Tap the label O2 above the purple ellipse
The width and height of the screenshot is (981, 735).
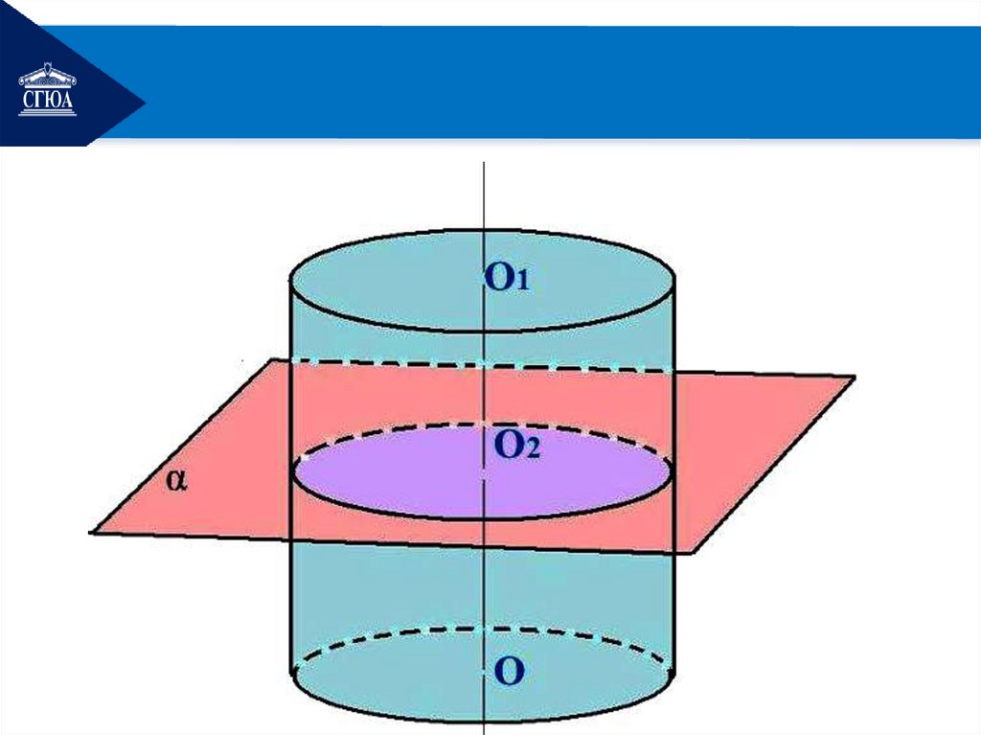pos(516,445)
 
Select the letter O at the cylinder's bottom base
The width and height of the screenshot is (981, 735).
pos(508,672)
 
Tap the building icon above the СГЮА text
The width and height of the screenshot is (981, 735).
pos(47,76)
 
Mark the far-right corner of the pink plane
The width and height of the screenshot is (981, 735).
pos(852,378)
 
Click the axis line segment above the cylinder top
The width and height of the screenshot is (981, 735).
pos(485,196)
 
